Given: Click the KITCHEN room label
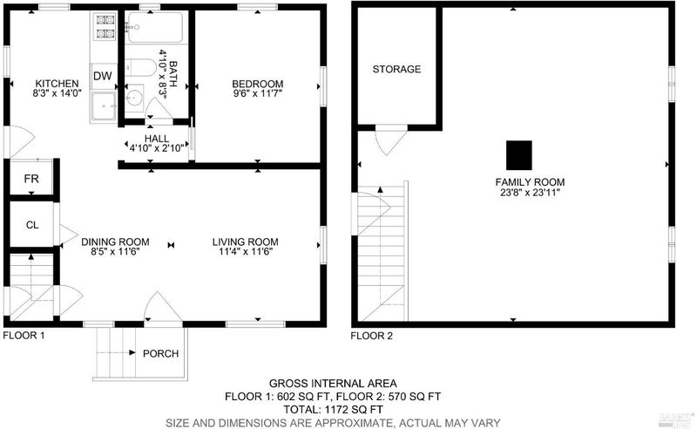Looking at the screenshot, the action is (x=57, y=84).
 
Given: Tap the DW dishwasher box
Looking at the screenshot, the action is (x=103, y=76).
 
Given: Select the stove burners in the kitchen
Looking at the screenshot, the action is (x=105, y=26).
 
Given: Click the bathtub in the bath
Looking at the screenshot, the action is (x=155, y=27).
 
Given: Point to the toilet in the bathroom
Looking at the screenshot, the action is (x=140, y=69).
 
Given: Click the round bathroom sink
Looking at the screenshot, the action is (x=134, y=98).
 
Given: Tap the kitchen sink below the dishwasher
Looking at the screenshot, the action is (x=104, y=106).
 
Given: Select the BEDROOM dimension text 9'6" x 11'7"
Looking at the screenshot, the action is (x=258, y=93).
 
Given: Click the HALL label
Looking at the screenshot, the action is (x=157, y=139).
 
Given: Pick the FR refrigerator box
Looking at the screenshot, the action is (x=31, y=178).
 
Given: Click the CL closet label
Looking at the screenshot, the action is (x=32, y=225).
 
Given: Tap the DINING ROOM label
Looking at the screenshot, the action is (x=115, y=242).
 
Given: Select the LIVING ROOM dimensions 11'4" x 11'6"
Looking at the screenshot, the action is (x=246, y=252).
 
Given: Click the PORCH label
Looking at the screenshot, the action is (x=160, y=354).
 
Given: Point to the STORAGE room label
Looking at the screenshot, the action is (x=396, y=69).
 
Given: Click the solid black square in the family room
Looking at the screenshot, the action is (x=519, y=155).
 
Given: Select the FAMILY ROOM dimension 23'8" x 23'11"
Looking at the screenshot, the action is (x=530, y=193).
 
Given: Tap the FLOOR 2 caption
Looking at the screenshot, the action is (x=372, y=336).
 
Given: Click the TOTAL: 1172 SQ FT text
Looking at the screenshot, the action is (x=334, y=410).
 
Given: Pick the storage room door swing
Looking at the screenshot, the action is (x=389, y=141).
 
